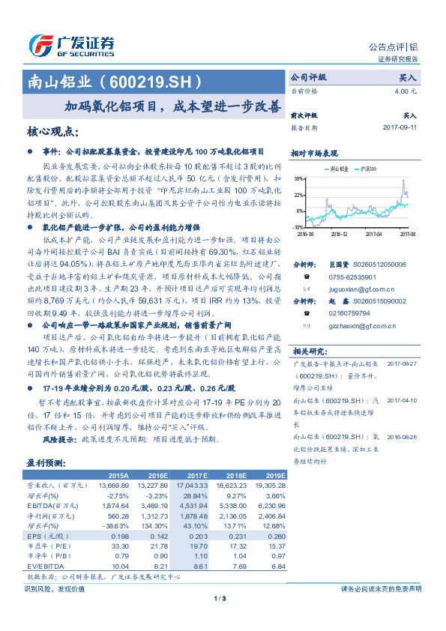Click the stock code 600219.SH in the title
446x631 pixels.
[x=157, y=80]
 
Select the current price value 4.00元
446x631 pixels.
[x=406, y=91]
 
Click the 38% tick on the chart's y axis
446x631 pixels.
[x=299, y=179]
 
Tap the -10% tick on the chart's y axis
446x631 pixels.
[x=298, y=226]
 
